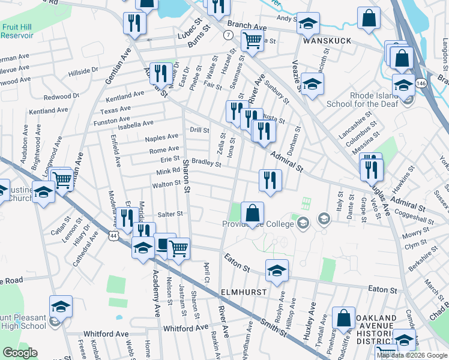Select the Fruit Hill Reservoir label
[17, 31]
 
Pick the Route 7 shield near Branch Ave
[228, 35]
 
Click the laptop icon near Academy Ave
[164, 244]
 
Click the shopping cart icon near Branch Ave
[253, 40]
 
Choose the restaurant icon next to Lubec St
[134, 23]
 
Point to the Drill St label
[199, 130]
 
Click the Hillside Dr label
[83, 70]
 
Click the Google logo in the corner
[20, 353]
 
